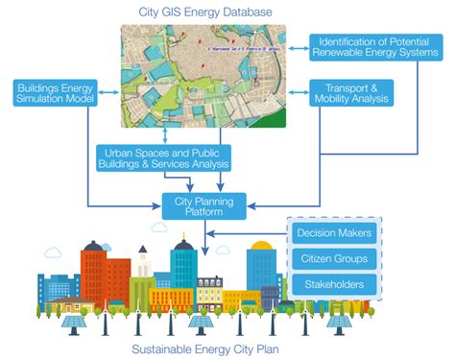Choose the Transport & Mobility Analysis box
click(351, 93)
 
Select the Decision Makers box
click(333, 233)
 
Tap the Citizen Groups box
click(333, 259)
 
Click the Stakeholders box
click(333, 284)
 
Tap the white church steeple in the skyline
click(142, 264)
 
